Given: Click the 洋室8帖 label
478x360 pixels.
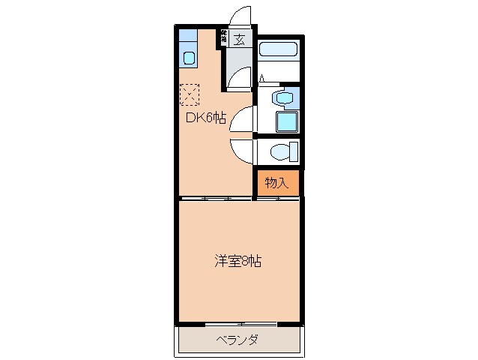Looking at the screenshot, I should click(238, 262).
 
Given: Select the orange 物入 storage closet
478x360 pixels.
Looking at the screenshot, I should click(276, 182).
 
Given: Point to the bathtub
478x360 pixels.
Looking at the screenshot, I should click(279, 51).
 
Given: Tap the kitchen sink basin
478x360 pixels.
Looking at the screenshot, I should click(188, 57).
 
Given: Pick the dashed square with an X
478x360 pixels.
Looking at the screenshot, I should click(190, 94).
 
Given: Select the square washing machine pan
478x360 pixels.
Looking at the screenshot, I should click(286, 122).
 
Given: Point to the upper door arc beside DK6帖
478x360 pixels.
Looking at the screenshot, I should click(242, 120).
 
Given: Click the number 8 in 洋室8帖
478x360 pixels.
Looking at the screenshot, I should click(245, 262).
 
